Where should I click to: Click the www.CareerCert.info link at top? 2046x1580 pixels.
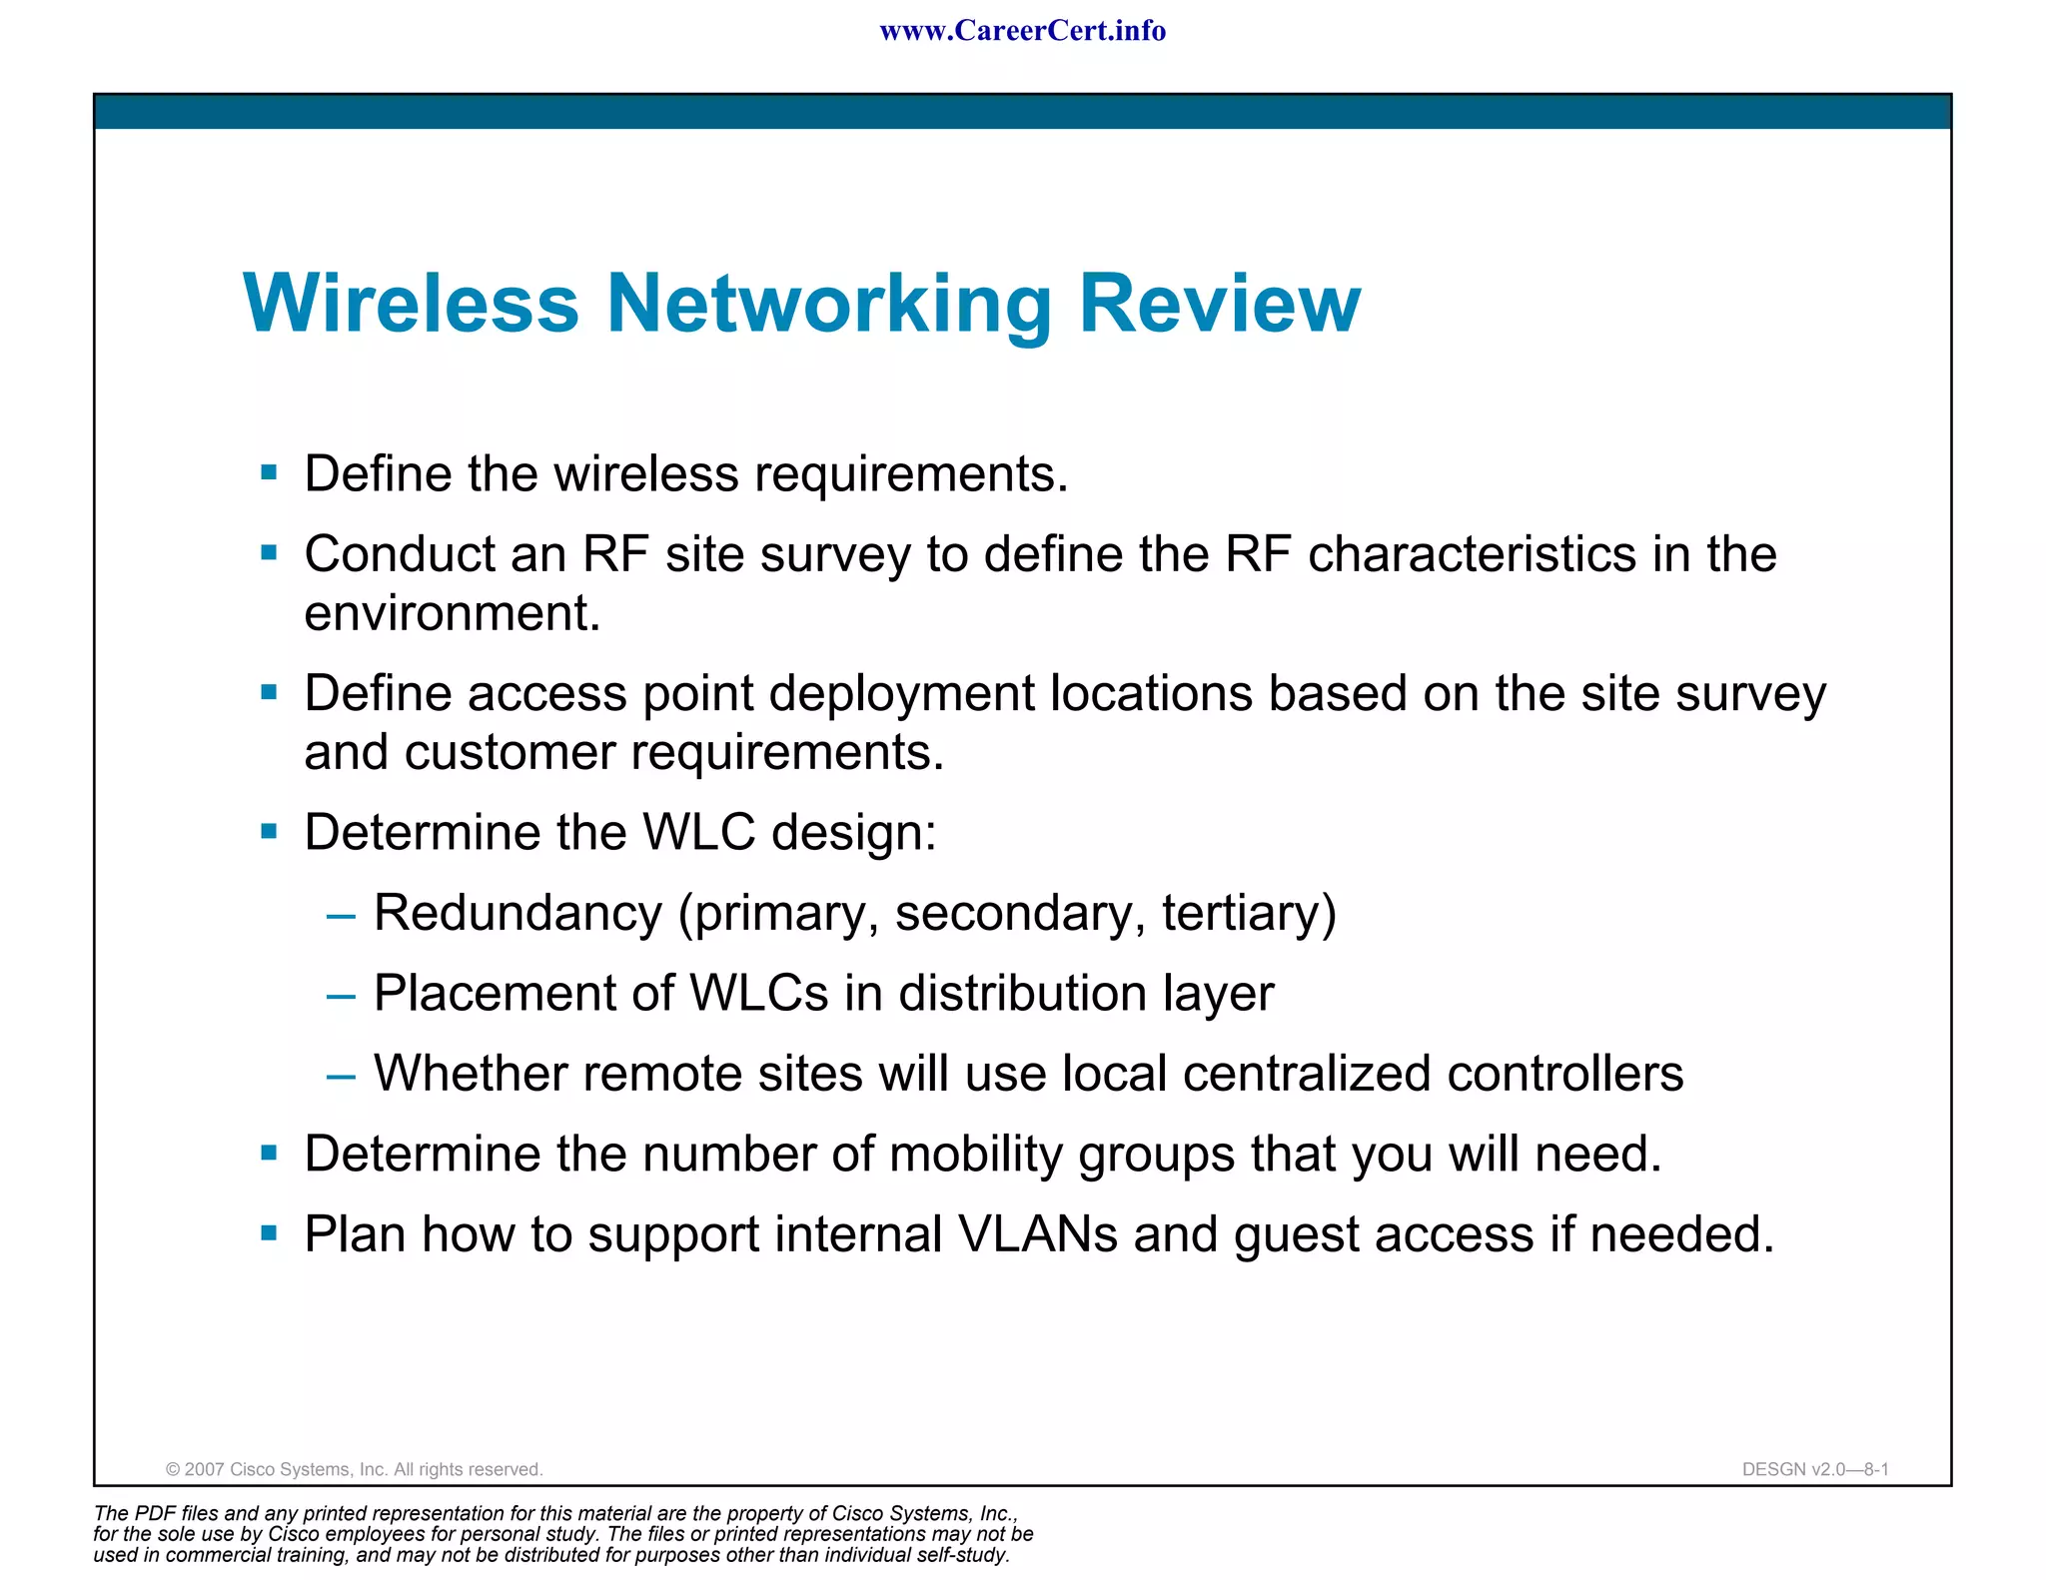coord(1022,31)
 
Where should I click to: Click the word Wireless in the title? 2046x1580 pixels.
coord(411,303)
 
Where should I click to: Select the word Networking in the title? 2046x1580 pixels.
coord(829,305)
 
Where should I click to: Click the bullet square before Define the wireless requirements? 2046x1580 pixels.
coord(269,472)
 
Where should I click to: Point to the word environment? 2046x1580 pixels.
coord(451,613)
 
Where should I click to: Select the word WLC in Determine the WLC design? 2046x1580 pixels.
coord(698,832)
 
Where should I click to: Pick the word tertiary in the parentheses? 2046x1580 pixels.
coord(1248,914)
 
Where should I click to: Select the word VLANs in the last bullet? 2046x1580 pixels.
coord(1037,1234)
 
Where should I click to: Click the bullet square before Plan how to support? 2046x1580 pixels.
coord(269,1233)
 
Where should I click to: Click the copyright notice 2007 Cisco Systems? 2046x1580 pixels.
coord(354,1469)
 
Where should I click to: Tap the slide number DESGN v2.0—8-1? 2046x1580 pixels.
coord(1814,1469)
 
